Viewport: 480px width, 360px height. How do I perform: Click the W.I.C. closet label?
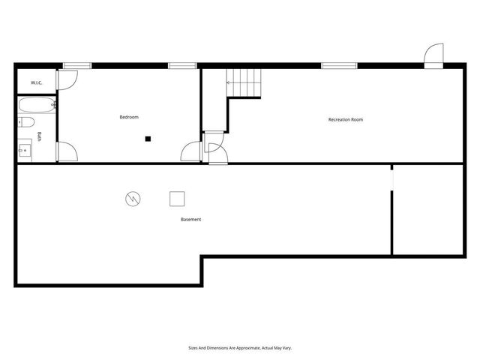[x=36, y=82]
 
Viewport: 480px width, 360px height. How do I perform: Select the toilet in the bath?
[x=26, y=121]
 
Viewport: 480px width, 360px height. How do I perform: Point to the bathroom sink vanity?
[x=25, y=149]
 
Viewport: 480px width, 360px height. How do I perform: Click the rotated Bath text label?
[x=40, y=136]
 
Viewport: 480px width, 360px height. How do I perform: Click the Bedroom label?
[x=129, y=117]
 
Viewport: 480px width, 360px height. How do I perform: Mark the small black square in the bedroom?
[x=148, y=138]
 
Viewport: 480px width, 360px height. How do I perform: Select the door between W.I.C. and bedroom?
[x=65, y=81]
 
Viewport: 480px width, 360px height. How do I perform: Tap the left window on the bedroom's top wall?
[x=72, y=66]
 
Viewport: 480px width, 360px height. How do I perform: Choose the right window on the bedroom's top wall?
[x=182, y=66]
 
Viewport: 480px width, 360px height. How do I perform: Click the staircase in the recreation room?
[x=244, y=82]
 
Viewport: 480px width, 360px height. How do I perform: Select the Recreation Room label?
[x=346, y=119]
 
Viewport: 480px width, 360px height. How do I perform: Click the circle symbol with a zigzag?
[x=133, y=199]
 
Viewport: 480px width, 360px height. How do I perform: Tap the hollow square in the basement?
[x=177, y=199]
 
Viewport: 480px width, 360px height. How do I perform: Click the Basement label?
[x=190, y=220]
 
